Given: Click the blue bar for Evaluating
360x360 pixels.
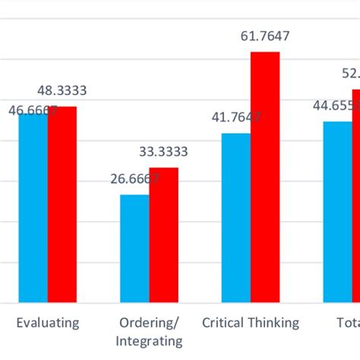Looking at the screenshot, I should [33, 209].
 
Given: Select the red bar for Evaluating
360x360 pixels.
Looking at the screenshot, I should [62, 205].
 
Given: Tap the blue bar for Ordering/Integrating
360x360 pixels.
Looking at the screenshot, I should [134, 249].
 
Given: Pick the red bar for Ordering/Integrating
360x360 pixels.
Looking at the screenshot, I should [163, 235].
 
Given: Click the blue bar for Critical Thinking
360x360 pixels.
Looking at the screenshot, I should [236, 219].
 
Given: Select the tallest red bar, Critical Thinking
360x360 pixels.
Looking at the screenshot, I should [265, 178].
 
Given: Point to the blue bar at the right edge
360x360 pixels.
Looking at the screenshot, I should [337, 213].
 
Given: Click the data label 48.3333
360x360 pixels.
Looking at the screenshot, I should [62, 90].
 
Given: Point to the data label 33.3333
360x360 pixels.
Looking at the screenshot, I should [163, 152].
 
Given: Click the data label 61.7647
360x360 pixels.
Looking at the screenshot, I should [265, 36].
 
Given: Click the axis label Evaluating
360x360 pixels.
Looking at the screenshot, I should [47, 323].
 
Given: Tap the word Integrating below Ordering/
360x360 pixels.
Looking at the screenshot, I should [149, 341].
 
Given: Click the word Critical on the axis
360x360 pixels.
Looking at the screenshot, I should [223, 323].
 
